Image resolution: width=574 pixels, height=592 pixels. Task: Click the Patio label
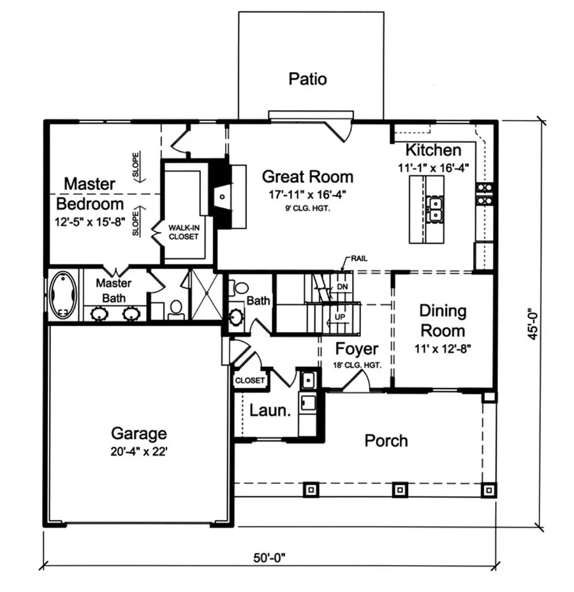pos(307,79)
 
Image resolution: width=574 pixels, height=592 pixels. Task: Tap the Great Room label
pos(307,177)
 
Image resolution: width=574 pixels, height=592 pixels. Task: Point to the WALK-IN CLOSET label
pos(183,232)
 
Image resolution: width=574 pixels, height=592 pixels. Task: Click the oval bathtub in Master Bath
pos(63,295)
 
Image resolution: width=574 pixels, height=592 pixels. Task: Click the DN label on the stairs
pos(342,287)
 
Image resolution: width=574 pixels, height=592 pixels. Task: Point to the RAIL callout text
pos(358,259)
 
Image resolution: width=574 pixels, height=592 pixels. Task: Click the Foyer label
pos(357,349)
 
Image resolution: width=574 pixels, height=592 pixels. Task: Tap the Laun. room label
pos(270,410)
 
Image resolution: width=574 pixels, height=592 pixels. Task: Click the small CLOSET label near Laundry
pos(250,380)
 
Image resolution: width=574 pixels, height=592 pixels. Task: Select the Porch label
pos(386,440)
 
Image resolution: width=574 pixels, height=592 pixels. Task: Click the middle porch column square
pos(399,489)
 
